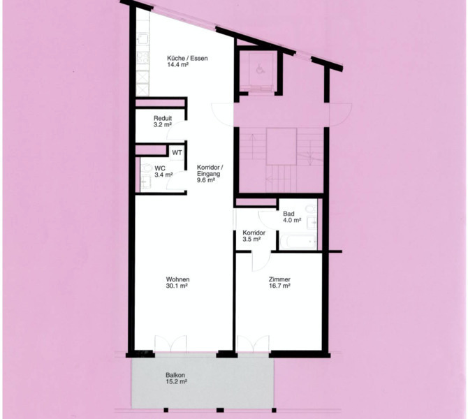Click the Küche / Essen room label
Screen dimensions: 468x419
click(x=187, y=58)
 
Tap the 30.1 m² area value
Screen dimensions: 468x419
click(x=177, y=286)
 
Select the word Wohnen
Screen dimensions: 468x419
click(x=177, y=279)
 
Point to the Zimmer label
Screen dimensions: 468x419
click(x=279, y=279)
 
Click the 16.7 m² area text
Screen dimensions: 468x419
click(x=279, y=286)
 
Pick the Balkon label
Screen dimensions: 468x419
click(x=175, y=375)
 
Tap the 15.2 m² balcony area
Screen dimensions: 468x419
click(x=177, y=381)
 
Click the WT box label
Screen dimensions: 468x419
click(x=177, y=153)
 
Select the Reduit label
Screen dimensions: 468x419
click(x=163, y=118)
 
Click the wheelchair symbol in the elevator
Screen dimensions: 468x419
click(x=260, y=70)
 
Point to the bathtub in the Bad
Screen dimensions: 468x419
click(x=298, y=241)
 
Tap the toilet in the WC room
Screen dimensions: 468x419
click(x=146, y=168)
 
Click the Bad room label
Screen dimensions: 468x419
click(x=288, y=214)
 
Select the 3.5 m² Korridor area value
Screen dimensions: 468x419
click(x=251, y=239)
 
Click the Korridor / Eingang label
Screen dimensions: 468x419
click(x=210, y=170)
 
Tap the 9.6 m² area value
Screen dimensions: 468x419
click(x=206, y=180)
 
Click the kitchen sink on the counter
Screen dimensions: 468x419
click(x=142, y=38)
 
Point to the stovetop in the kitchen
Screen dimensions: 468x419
click(x=142, y=58)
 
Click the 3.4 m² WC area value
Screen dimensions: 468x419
click(x=163, y=175)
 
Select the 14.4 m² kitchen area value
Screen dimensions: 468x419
click(x=177, y=65)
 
